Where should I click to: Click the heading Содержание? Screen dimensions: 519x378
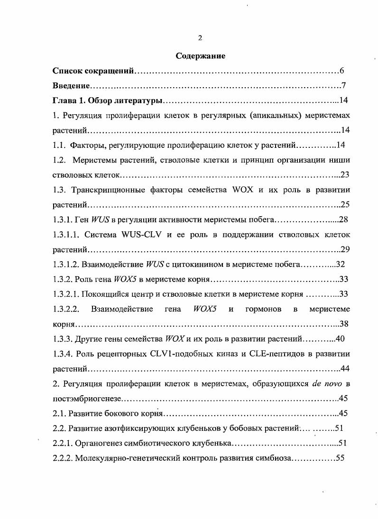tap(200, 56)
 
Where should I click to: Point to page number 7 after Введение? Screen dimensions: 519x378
tap(344, 86)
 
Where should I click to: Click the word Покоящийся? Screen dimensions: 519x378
tap(102, 294)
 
